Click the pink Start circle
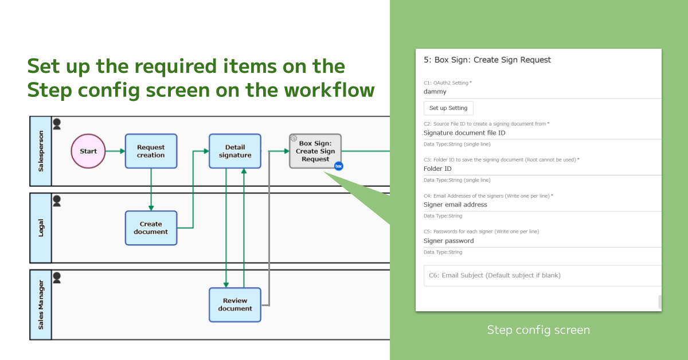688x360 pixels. (x=88, y=151)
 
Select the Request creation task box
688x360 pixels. (x=151, y=151)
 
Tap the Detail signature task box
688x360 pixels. (x=234, y=151)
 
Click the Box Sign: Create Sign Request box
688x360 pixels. (x=315, y=151)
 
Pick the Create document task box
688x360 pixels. (x=151, y=228)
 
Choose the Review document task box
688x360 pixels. (x=234, y=304)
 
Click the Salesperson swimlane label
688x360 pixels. (x=41, y=151)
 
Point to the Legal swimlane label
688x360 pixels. (x=41, y=228)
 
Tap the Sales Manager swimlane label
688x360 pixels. (x=41, y=304)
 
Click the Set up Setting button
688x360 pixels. (x=448, y=108)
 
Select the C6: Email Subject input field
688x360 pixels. (x=542, y=276)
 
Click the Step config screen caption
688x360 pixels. (x=538, y=330)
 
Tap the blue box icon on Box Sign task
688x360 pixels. (x=338, y=166)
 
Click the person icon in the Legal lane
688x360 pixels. (x=57, y=201)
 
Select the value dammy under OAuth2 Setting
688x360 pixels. (x=435, y=91)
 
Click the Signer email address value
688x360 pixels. (x=455, y=205)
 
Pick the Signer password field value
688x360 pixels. (x=448, y=241)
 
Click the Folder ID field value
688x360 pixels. (x=437, y=169)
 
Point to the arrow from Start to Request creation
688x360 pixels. (x=115, y=151)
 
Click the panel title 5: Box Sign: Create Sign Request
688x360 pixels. (x=487, y=60)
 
